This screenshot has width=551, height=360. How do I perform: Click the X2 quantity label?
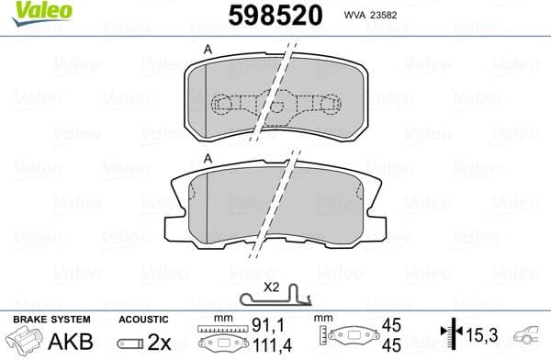pyautogui.click(x=271, y=286)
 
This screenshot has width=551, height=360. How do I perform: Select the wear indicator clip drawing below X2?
pyautogui.click(x=275, y=298)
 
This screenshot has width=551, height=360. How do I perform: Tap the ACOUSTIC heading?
pyautogui.click(x=143, y=319)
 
